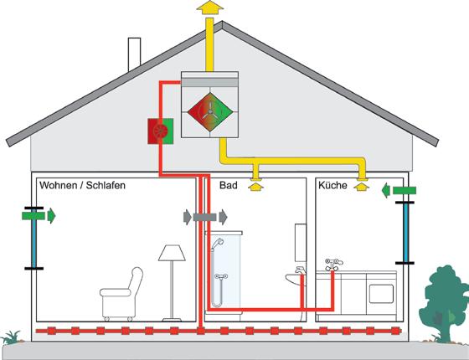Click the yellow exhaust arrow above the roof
coord(209,8)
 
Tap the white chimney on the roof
coord(134,54)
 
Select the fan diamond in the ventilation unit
coord(210,112)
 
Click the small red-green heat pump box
coord(161,131)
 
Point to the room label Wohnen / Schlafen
coord(82,185)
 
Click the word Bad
coord(228,185)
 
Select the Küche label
coord(332,185)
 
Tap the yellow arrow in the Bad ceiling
coord(255,188)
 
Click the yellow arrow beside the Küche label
coord(361,187)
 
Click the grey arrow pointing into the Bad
coord(223,217)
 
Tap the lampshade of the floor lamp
coord(172,253)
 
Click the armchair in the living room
coord(121,294)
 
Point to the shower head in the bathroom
coord(217,243)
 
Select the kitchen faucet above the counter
coord(333,265)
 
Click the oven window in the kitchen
coord(381,294)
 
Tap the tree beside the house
coord(445,302)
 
